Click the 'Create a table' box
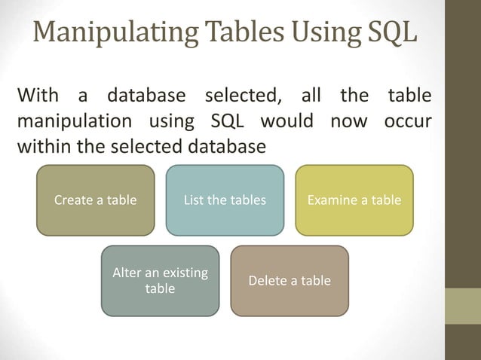95,200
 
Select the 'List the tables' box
225,200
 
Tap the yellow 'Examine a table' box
354,200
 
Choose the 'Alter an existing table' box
160,280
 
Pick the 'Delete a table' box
290,280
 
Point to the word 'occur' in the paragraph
407,121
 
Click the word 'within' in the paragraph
41,145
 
